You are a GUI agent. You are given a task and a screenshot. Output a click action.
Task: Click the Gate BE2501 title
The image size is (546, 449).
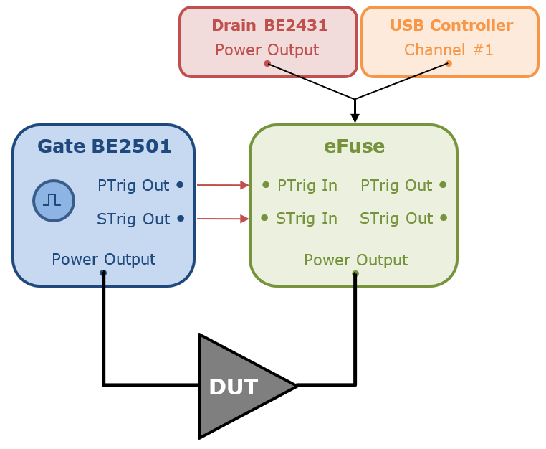click(104, 146)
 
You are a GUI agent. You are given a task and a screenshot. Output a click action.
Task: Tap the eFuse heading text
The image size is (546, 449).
click(354, 146)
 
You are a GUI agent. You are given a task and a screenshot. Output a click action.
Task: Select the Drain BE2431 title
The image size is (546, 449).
click(269, 25)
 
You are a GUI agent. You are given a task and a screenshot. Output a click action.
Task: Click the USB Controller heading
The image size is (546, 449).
click(451, 25)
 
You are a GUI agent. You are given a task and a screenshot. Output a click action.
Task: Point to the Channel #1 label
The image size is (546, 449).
click(449, 50)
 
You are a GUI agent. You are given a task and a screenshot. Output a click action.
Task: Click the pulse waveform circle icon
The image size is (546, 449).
click(54, 201)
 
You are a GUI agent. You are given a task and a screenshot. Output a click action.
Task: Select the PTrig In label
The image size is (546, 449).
click(307, 186)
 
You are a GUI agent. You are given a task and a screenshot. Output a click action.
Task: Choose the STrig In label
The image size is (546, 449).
click(307, 219)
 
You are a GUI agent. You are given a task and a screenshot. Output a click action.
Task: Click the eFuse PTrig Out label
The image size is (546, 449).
click(396, 186)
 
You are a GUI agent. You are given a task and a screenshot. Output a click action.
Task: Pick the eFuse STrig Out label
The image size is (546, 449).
click(396, 219)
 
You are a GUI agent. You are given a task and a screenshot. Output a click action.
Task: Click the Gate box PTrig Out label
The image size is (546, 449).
click(133, 186)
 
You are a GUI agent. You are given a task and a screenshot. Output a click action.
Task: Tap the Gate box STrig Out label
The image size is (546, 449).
click(133, 219)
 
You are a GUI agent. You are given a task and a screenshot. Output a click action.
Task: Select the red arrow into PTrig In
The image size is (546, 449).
click(223, 185)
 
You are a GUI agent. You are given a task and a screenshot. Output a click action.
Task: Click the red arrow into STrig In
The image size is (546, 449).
click(223, 219)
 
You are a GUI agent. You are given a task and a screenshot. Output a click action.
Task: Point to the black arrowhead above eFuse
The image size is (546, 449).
click(355, 118)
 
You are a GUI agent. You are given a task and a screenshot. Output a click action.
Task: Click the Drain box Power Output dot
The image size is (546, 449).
click(267, 63)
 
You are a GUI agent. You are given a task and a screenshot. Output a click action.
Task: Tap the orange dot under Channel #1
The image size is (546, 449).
click(449, 63)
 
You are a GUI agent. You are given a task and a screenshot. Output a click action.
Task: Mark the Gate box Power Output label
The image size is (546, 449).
click(104, 260)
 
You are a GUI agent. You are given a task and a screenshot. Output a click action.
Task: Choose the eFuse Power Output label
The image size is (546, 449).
click(356, 260)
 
